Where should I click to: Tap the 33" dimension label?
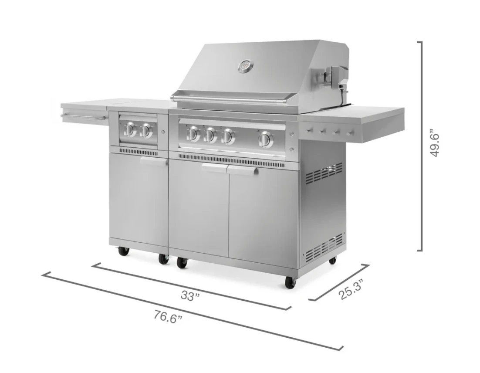click(x=190, y=295)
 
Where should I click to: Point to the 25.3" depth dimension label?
click(x=352, y=289)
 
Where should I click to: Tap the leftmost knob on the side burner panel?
click(x=130, y=129)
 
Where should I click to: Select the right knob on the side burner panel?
click(x=146, y=130)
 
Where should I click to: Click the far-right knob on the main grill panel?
click(x=264, y=139)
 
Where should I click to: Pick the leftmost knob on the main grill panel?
click(x=193, y=134)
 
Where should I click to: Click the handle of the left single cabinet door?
click(x=153, y=161)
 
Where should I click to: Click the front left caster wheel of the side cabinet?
click(x=122, y=251)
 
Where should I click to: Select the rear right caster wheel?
click(x=332, y=260)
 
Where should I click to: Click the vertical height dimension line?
click(x=421, y=146)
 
